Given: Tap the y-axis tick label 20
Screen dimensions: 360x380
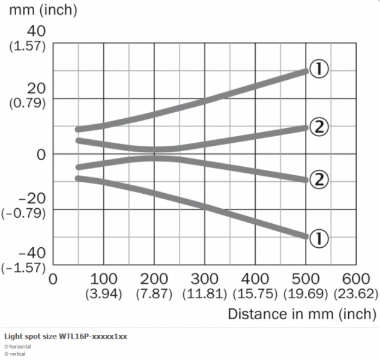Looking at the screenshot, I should click(x=35, y=88).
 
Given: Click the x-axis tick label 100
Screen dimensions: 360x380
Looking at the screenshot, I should click(x=103, y=280).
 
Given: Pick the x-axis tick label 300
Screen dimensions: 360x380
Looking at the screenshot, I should click(x=205, y=280).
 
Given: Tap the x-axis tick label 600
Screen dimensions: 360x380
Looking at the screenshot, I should click(x=357, y=280).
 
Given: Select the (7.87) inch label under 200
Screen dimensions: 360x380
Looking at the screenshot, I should click(x=154, y=294).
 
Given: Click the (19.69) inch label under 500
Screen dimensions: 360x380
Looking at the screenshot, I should click(x=306, y=294).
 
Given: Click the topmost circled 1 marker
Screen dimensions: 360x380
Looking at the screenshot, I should click(x=318, y=70).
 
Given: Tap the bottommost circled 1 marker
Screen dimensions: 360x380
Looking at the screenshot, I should click(x=318, y=239).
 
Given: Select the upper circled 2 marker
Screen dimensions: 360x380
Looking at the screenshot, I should click(x=318, y=126).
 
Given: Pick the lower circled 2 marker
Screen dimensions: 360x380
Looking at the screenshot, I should click(x=318, y=179).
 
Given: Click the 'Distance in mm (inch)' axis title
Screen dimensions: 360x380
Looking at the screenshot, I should click(x=302, y=314).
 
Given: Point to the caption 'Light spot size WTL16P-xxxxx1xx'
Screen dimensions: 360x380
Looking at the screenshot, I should click(x=65, y=336).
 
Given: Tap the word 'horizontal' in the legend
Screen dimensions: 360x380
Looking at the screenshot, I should click(x=21, y=347).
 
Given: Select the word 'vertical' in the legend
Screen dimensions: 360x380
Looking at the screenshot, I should click(x=17, y=354).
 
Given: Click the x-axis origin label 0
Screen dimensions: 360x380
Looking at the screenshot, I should click(x=53, y=280).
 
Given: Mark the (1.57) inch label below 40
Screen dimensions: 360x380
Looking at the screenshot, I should click(x=28, y=46).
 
